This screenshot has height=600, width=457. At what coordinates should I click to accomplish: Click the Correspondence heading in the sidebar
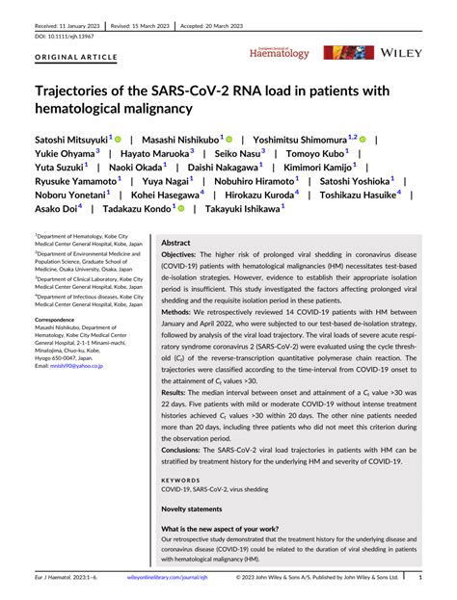click(62, 319)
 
